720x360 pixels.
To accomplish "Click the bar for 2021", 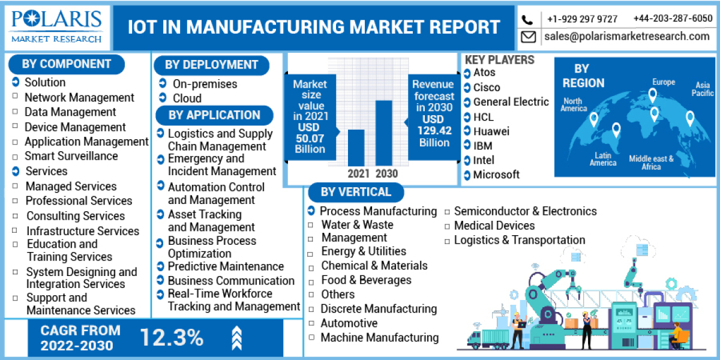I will pyautogui.click(x=356, y=148).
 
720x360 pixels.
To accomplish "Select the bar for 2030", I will pyautogui.click(x=383, y=133).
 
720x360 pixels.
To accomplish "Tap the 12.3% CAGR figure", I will pyautogui.click(x=172, y=338).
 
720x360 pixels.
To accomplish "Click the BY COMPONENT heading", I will pyautogui.click(x=67, y=64).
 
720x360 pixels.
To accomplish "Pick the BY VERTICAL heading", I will pyautogui.click(x=356, y=192).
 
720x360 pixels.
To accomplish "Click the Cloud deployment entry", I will pyautogui.click(x=187, y=98).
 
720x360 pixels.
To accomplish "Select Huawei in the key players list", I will pyautogui.click(x=491, y=131).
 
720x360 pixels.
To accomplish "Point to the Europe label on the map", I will pyautogui.click(x=664, y=82).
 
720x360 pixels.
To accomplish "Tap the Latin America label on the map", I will pyautogui.click(x=602, y=159).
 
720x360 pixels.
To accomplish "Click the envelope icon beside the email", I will pyautogui.click(x=528, y=37).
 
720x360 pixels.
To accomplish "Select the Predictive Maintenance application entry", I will pyautogui.click(x=226, y=266).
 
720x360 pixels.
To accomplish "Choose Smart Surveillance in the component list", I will pyautogui.click(x=71, y=156).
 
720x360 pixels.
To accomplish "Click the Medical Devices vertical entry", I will pyautogui.click(x=494, y=226).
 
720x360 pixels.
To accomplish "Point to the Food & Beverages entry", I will pyautogui.click(x=366, y=280).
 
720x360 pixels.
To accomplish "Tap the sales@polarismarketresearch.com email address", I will pyautogui.click(x=627, y=37).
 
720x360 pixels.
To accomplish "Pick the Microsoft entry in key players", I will pyautogui.click(x=496, y=175).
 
